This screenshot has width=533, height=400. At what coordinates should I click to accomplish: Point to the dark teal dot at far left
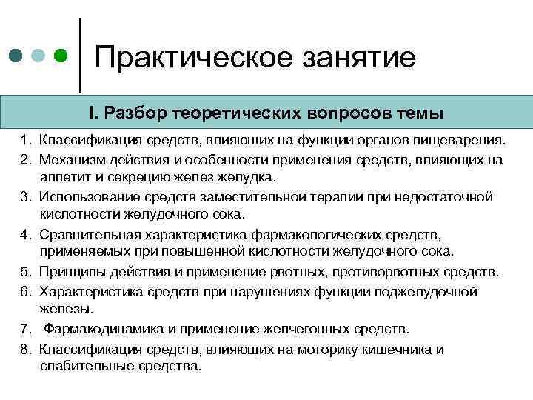(16, 56)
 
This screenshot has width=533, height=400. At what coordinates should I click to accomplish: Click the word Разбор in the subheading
(137, 114)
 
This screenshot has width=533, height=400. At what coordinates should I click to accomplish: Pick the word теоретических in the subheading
(233, 114)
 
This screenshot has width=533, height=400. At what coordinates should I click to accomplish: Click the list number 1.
(24, 140)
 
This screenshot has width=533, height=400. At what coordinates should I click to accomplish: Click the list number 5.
(24, 272)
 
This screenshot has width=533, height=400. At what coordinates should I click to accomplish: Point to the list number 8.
(24, 349)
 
